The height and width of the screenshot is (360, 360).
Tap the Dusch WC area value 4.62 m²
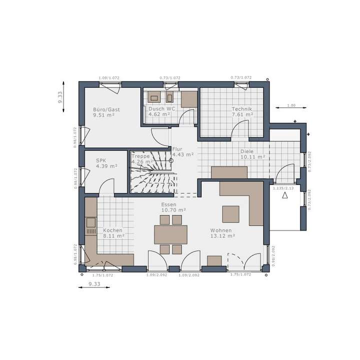(159, 114)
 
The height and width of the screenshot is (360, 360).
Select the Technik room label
(241, 109)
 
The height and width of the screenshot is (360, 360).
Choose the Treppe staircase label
(140, 156)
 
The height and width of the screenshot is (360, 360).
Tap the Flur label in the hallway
(177, 149)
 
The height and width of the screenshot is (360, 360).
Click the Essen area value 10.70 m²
(173, 210)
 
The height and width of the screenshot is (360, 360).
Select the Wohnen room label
(220, 230)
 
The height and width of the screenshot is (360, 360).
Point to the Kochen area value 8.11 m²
(113, 235)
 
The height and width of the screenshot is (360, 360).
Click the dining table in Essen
(170, 234)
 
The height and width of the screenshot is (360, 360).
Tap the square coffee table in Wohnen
(230, 213)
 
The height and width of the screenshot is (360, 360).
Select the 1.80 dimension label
(291, 105)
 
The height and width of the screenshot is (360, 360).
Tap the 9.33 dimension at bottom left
(94, 284)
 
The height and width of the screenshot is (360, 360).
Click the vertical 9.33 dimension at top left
(60, 97)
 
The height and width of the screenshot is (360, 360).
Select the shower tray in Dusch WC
(189, 99)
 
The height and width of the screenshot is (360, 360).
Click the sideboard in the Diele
(229, 172)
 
